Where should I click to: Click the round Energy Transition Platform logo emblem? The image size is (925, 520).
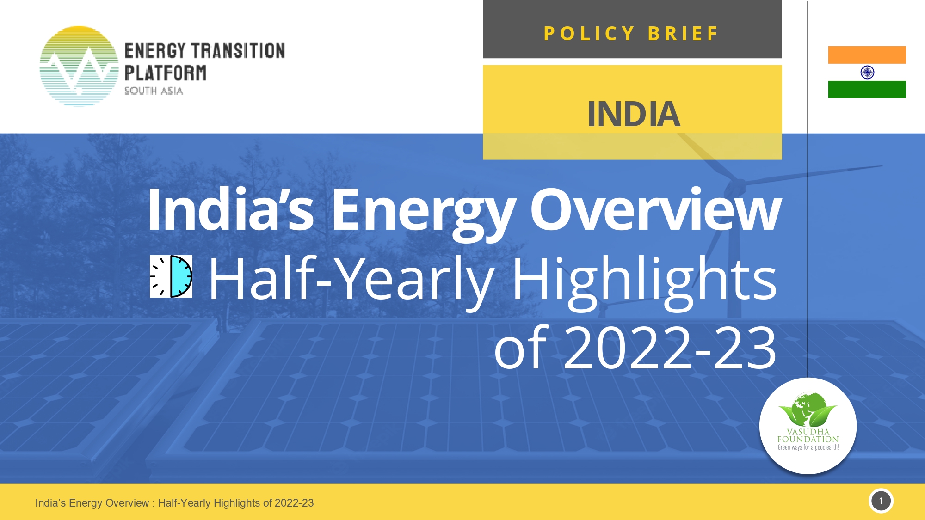[x=79, y=66]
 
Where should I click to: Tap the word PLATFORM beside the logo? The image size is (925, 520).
[x=166, y=73]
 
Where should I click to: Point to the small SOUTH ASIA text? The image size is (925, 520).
[x=154, y=91]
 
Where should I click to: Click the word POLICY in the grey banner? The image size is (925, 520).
[x=589, y=33]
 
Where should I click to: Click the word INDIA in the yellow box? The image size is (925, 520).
[x=633, y=114]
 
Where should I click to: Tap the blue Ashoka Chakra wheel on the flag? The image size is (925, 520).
[x=867, y=72]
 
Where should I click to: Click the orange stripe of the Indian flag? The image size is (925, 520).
[x=867, y=55]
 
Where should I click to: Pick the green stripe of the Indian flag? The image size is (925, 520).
[x=867, y=89]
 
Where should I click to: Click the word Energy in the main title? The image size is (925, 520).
[x=423, y=210]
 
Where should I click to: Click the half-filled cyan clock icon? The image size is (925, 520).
[x=171, y=276]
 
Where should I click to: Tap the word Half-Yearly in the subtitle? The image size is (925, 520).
[x=351, y=279]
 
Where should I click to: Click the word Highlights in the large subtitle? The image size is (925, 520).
[x=644, y=279]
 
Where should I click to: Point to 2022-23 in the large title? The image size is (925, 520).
[x=669, y=348]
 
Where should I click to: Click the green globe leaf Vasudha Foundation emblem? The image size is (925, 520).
[x=808, y=409]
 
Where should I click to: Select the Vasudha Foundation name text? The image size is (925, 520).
[x=808, y=435]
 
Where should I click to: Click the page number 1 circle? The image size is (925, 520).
[x=881, y=501]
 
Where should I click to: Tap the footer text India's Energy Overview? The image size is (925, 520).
[x=92, y=503]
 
